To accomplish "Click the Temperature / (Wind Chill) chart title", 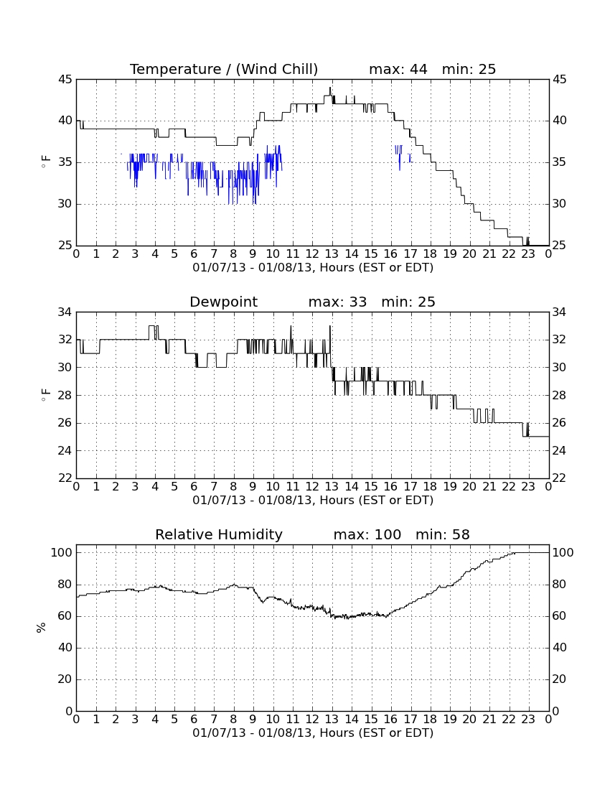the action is (224, 69).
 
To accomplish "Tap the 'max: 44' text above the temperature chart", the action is (398, 69).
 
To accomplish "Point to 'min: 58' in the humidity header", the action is (442, 534).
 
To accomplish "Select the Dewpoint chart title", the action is (223, 302).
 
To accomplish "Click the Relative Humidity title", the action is (219, 534).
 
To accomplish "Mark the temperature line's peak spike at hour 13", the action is (330, 88).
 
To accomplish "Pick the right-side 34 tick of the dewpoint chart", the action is (559, 312).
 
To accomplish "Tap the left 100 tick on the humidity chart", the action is (62, 553).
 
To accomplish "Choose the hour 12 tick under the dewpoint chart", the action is (312, 487).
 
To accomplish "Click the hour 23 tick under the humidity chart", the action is (528, 720).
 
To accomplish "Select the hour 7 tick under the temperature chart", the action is (214, 254).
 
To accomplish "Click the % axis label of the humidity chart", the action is (42, 627).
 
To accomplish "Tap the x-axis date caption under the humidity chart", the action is (313, 733).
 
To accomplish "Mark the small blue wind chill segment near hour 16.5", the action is (399, 154).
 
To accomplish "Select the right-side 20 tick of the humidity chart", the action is (559, 679).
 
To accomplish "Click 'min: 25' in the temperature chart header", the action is (469, 69).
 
